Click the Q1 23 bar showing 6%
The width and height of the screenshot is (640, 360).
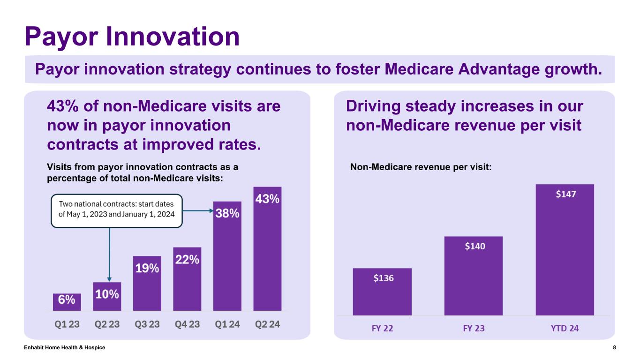pyautogui.click(x=67, y=302)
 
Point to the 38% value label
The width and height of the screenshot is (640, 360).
pyautogui.click(x=227, y=214)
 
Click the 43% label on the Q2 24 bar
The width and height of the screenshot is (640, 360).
pyautogui.click(x=267, y=199)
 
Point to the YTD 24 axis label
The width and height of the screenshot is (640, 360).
pyautogui.click(x=565, y=328)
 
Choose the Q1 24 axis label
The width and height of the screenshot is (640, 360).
pyautogui.click(x=227, y=324)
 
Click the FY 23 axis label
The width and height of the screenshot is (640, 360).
pyautogui.click(x=474, y=328)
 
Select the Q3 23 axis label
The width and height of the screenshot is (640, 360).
pyautogui.click(x=147, y=324)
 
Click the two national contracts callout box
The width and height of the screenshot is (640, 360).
pyautogui.click(x=116, y=210)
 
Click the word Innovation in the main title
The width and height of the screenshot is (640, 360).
pyautogui.click(x=173, y=37)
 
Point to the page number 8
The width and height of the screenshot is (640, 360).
pyautogui.click(x=614, y=347)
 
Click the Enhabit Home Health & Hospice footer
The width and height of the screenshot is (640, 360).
pyautogui.click(x=65, y=347)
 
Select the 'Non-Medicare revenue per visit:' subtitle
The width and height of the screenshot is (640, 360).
pyautogui.click(x=421, y=167)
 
